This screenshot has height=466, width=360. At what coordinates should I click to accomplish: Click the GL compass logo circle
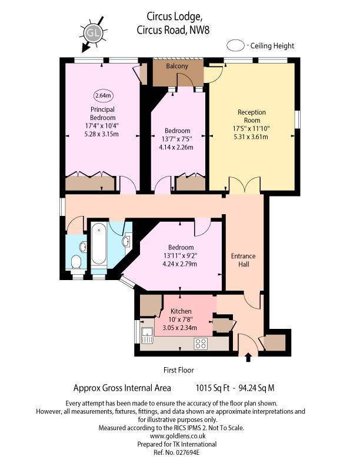[93, 32]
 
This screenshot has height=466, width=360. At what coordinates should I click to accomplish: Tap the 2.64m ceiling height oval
[103, 95]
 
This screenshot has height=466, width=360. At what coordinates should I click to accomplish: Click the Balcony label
[177, 66]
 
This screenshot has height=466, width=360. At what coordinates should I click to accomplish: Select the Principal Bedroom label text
[102, 113]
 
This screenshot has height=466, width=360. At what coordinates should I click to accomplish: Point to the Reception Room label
[252, 116]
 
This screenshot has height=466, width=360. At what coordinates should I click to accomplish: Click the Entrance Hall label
[244, 260]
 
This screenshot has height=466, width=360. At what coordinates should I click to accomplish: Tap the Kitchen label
[181, 311]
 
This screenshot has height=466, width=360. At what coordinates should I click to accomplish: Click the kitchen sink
[147, 335]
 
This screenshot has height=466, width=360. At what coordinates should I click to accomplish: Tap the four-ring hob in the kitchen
[201, 344]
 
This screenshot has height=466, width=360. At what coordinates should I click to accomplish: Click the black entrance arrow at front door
[248, 357]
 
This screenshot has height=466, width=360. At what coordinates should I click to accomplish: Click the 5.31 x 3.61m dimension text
[251, 137]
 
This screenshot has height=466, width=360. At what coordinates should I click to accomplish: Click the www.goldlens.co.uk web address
[178, 436]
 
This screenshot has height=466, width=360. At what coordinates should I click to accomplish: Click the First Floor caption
[178, 370]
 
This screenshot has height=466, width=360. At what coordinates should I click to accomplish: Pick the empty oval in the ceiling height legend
[236, 46]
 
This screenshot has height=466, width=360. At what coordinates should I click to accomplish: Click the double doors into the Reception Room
[245, 184]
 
